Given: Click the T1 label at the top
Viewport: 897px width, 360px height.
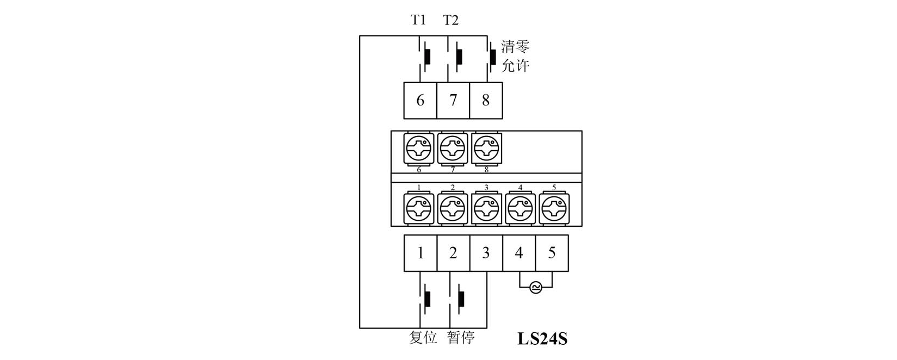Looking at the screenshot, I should tap(418, 21).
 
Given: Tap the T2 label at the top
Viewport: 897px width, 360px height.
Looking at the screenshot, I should tap(450, 21).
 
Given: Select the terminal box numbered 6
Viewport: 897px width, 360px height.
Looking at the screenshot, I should tap(420, 101).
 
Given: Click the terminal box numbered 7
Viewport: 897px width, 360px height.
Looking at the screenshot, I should tap(453, 101).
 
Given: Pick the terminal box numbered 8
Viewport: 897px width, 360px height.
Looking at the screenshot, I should tap(486, 101).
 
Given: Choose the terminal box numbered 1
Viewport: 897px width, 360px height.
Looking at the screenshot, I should tap(420, 253).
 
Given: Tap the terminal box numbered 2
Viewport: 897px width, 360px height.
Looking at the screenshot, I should tap(453, 253).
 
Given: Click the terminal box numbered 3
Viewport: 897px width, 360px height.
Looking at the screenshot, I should tap(486, 253).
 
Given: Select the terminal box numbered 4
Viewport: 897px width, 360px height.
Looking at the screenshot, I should tap(519, 253).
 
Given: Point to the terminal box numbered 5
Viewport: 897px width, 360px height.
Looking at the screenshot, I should tap(552, 253).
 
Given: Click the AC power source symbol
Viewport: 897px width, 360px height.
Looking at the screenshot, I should tap(535, 288).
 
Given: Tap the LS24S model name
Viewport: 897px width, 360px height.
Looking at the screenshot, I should tap(542, 339).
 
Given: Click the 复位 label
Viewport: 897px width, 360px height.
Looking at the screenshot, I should tap(423, 338).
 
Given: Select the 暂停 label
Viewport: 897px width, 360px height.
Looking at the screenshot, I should tap(461, 338).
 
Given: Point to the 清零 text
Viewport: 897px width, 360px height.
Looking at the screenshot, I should tap(515, 47).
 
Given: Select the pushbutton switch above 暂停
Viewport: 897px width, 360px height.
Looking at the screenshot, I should tap(460, 299).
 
